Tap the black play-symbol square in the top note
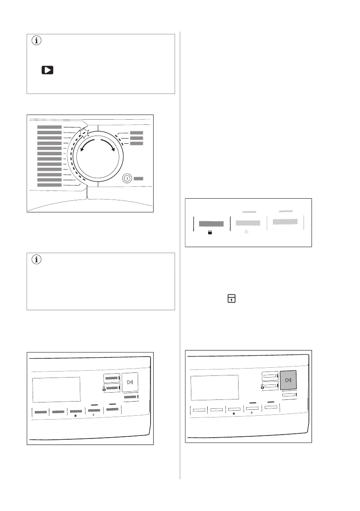pyautogui.click(x=47, y=70)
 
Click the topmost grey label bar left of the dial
pyautogui.click(x=49, y=127)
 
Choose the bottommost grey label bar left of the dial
pyautogui.click(x=49, y=185)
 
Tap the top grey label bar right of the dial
pyautogui.click(x=136, y=133)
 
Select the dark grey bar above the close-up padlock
pyautogui.click(x=211, y=224)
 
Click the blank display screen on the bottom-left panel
pyautogui.click(x=56, y=389)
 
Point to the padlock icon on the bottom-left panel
pyautogui.click(x=75, y=416)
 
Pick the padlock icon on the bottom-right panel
pyautogui.click(x=233, y=414)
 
